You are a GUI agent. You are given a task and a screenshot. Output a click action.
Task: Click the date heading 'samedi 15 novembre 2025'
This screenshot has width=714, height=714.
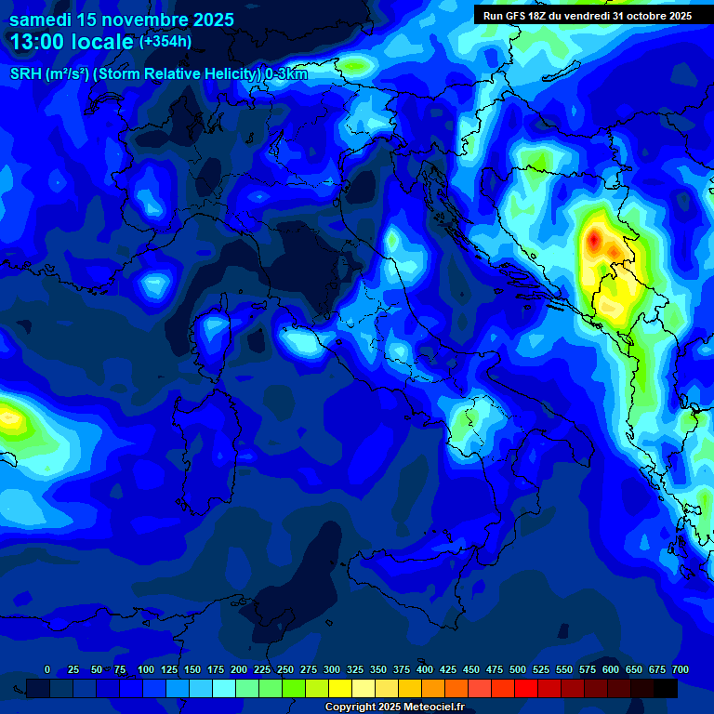pos(122,20)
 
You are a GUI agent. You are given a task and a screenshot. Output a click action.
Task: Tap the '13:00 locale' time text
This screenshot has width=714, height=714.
pos(72,42)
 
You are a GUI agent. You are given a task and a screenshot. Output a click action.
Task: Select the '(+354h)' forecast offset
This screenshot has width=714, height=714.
pos(165,42)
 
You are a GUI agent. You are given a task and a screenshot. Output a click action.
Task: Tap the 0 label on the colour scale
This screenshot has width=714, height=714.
pos(47,670)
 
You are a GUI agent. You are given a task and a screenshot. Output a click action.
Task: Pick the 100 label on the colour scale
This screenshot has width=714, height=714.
pos(146,670)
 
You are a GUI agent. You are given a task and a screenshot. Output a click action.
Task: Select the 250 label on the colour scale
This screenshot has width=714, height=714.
pos(285,670)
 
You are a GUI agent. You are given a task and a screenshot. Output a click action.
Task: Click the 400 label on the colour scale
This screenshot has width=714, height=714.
pos(425,670)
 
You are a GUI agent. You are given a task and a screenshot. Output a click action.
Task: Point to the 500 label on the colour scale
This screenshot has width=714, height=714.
pos(518,670)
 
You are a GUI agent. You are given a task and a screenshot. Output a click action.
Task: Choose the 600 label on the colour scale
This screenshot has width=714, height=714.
pos(611,670)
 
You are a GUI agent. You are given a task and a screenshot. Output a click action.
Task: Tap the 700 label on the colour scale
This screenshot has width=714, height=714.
pos(681,670)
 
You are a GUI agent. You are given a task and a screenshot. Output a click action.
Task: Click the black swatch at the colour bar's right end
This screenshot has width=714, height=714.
pos(666,689)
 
